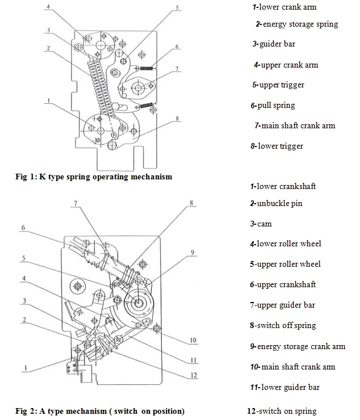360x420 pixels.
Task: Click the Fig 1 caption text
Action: click(94, 177)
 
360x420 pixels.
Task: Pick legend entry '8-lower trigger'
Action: click(277, 146)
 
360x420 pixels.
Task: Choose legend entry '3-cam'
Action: click(261, 224)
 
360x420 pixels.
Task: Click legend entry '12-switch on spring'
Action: click(282, 411)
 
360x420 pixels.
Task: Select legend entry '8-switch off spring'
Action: click(282, 325)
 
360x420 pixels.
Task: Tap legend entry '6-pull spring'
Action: click(273, 105)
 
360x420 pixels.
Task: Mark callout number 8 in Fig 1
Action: click(178, 119)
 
